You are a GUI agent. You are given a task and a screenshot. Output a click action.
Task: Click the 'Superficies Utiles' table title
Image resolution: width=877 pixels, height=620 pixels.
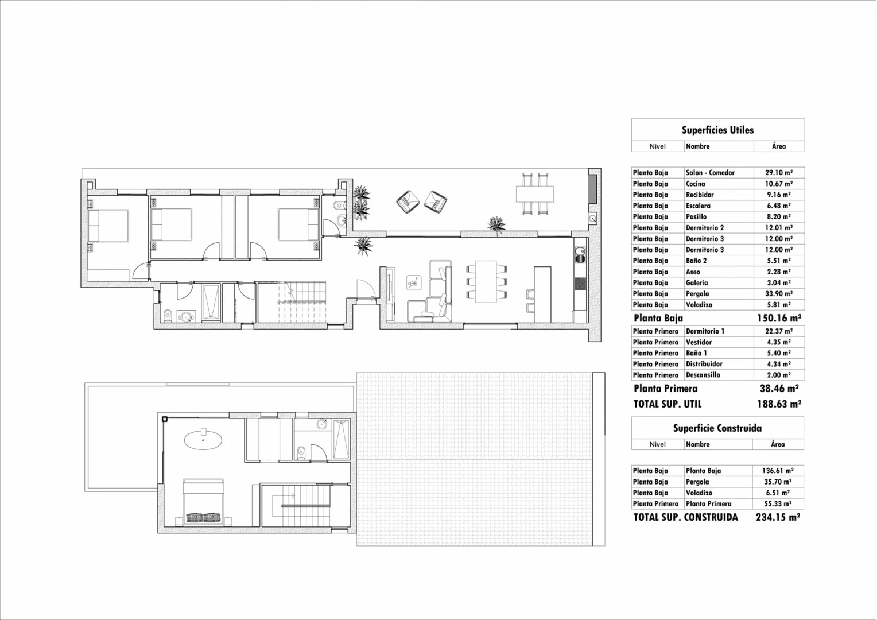click(717, 130)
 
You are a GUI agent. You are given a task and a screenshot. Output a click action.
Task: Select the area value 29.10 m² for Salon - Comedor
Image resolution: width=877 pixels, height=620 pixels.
click(779, 173)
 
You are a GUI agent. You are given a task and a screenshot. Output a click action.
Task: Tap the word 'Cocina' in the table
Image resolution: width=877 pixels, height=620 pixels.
click(695, 184)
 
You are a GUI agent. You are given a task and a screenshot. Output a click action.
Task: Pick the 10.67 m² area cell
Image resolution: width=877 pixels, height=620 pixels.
click(779, 184)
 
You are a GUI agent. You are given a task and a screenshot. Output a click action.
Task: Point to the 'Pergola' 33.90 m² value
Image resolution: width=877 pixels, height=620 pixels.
click(779, 294)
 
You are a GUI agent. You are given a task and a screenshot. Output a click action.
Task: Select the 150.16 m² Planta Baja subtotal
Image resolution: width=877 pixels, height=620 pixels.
click(779, 317)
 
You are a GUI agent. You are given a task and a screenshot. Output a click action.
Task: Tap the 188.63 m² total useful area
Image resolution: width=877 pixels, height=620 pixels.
click(779, 404)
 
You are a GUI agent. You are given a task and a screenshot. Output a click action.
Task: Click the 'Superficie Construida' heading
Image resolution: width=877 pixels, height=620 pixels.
click(717, 428)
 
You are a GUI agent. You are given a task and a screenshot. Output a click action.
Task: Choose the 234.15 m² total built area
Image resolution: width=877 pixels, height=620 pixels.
click(778, 517)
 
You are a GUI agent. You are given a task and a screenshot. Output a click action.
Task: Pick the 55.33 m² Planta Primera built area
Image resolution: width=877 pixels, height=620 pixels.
click(778, 504)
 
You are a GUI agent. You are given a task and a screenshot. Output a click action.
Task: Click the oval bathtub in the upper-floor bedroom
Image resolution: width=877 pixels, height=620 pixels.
click(203, 439)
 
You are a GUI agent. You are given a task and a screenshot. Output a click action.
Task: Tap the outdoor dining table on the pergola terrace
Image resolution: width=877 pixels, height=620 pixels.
click(534, 194)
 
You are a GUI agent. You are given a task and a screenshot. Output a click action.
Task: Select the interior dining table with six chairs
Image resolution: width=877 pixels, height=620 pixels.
click(486, 282)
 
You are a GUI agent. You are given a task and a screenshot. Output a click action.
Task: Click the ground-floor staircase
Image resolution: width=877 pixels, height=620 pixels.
click(302, 301)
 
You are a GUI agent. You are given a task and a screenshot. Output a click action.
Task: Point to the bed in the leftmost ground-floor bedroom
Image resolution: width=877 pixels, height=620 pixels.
click(108, 226)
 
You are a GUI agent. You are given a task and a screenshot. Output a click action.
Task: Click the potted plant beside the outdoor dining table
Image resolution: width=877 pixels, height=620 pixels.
click(497, 225)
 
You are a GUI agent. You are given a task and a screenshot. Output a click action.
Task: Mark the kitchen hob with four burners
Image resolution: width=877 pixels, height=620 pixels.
click(580, 284)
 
